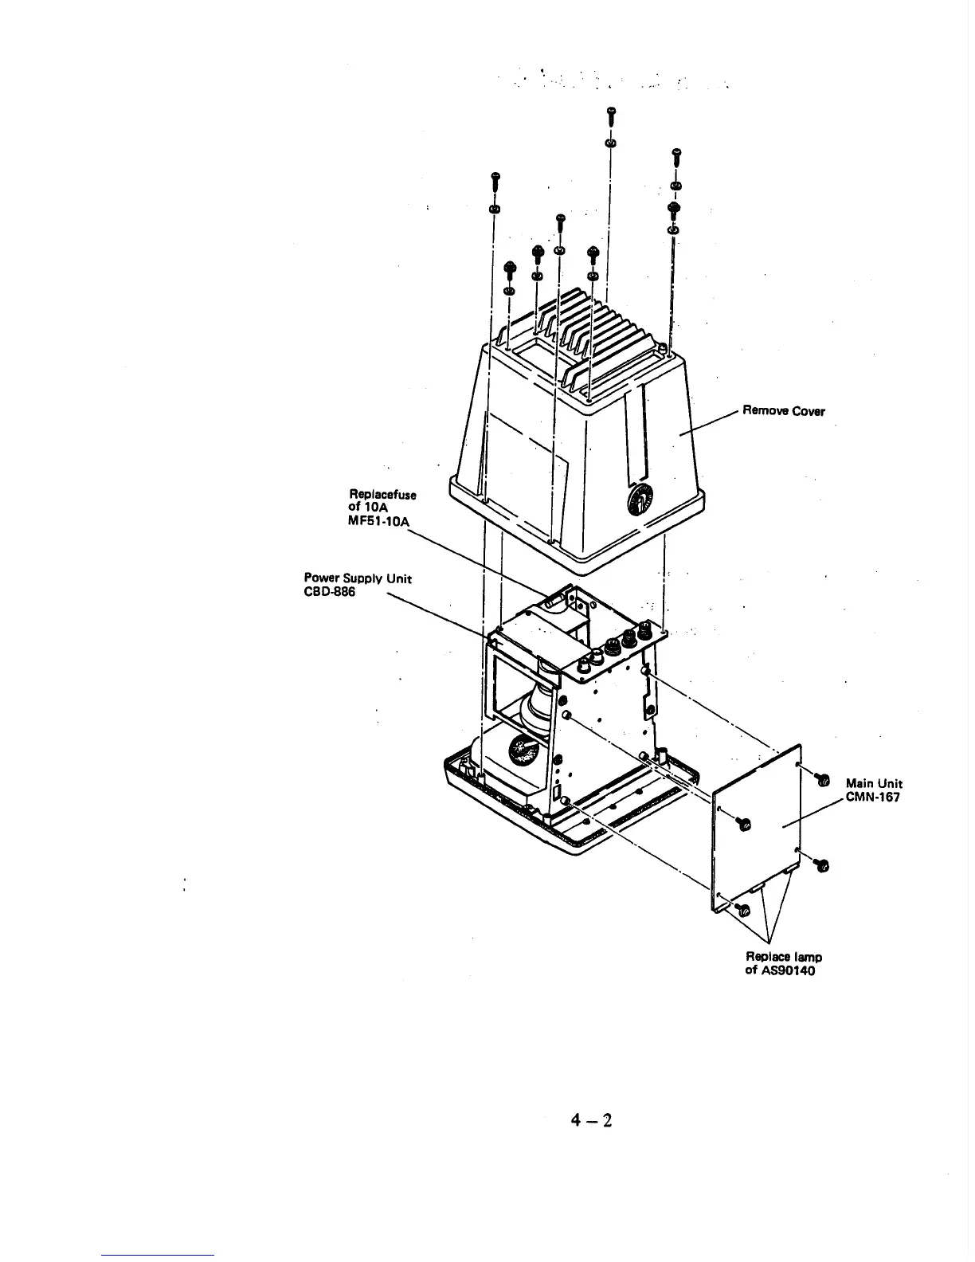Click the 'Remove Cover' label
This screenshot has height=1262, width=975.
(783, 411)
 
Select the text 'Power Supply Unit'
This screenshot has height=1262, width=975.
(358, 578)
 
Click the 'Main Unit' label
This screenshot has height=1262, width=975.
(873, 784)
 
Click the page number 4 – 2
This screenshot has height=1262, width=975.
(590, 1121)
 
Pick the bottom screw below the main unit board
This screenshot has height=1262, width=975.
(744, 909)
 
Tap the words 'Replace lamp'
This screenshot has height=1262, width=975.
(784, 956)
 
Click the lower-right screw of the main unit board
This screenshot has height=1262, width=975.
(824, 864)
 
